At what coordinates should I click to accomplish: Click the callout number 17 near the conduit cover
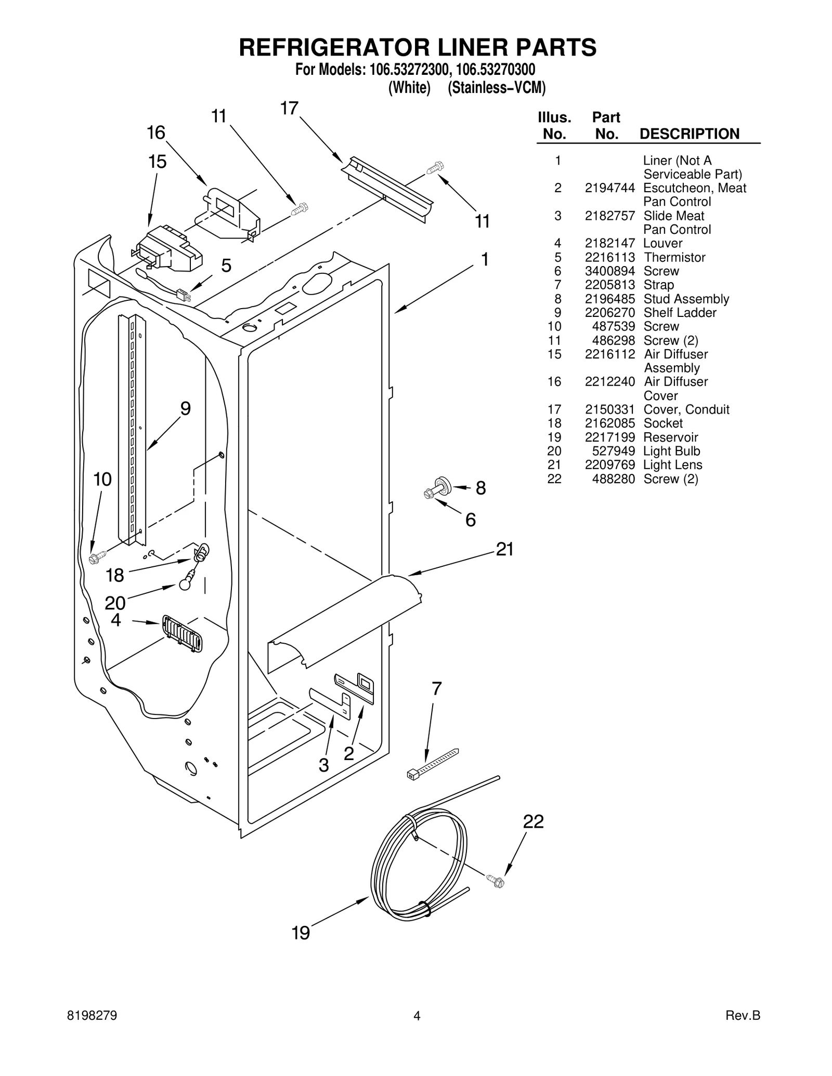point(289,108)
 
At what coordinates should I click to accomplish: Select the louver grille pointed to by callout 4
point(183,633)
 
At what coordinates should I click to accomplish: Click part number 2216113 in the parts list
point(609,257)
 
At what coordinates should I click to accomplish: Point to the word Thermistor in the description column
point(674,257)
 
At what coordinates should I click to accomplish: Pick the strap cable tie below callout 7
point(432,764)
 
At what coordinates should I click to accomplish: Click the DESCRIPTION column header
point(689,134)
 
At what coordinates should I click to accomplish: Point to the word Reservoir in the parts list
point(671,437)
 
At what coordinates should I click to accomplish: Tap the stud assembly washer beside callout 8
point(443,484)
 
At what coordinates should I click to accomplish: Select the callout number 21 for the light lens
point(504,549)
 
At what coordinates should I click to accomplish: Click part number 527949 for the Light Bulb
point(614,451)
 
